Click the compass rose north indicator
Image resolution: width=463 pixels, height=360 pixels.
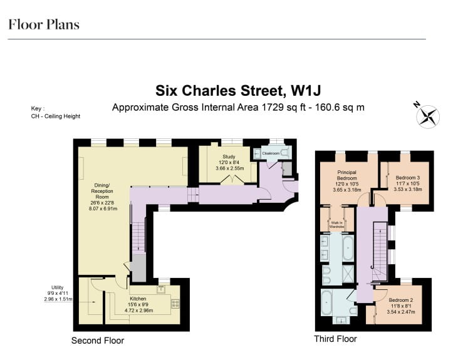pos(428,116)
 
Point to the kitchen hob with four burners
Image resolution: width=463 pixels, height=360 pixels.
pos(175,304)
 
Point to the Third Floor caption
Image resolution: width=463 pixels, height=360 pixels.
pos(335,339)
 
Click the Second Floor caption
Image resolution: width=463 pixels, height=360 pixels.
pos(98,341)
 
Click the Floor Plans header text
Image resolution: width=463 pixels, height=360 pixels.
pos(44,25)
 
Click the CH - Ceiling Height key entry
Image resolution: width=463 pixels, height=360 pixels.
pos(55,116)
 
